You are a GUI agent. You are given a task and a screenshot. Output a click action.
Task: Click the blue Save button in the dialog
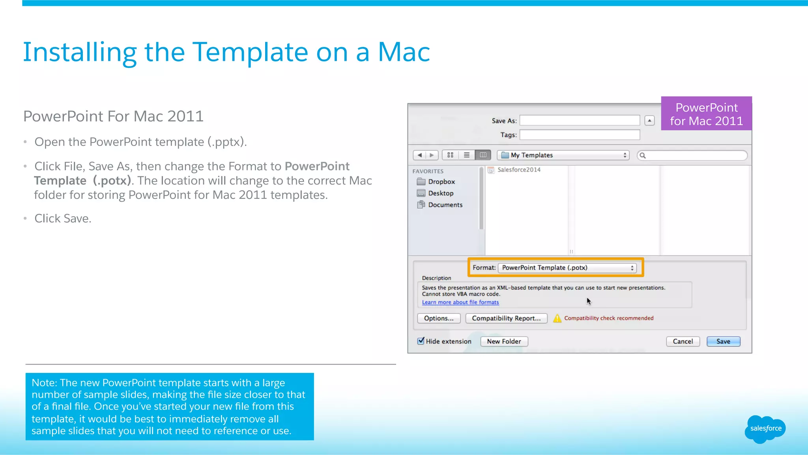click(x=723, y=341)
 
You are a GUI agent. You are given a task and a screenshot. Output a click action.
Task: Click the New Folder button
click(x=504, y=341)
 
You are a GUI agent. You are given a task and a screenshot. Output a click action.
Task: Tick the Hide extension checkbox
click(x=421, y=341)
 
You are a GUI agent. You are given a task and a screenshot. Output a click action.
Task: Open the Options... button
click(x=439, y=318)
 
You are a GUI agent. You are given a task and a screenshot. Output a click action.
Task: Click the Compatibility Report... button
click(x=506, y=318)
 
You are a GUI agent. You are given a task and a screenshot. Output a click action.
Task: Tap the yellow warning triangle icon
click(x=557, y=318)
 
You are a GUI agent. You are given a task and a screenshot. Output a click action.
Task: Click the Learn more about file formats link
click(x=460, y=302)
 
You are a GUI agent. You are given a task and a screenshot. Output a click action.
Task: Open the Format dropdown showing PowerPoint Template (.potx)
click(x=567, y=268)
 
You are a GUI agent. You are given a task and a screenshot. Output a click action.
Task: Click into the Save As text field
click(x=580, y=120)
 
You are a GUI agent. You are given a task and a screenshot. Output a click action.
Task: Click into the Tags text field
click(x=580, y=135)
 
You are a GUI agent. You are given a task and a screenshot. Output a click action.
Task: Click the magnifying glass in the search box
click(x=643, y=155)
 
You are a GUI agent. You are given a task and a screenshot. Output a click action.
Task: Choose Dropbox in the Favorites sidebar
click(x=441, y=182)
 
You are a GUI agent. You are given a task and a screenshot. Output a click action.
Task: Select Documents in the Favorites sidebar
click(x=445, y=205)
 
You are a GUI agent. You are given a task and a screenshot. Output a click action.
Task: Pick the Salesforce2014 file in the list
click(x=518, y=170)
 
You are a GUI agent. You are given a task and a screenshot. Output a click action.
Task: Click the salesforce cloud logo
click(x=765, y=429)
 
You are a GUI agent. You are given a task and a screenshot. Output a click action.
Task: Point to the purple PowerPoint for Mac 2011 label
click(x=706, y=114)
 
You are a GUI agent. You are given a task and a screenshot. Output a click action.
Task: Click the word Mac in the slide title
click(x=404, y=52)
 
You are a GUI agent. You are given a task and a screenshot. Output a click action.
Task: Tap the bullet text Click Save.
click(x=63, y=218)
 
